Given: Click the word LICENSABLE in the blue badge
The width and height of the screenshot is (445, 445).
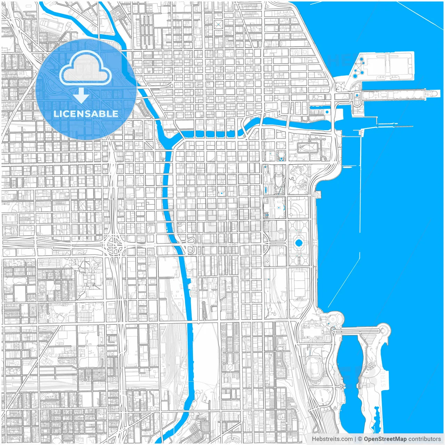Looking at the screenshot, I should (86, 114).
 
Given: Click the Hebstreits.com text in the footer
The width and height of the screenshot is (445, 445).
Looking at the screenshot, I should (332, 439).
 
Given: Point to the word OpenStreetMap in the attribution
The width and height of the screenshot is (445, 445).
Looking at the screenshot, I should (385, 439).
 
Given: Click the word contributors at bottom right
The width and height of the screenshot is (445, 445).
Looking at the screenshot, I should (424, 439).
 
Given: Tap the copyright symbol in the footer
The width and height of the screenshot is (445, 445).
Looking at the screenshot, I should (360, 439).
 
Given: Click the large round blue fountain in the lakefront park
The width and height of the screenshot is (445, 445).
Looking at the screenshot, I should (299, 242).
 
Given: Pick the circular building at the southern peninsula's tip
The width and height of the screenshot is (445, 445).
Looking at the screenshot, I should (384, 329).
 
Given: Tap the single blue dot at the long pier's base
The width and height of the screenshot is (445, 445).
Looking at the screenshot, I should (357, 95).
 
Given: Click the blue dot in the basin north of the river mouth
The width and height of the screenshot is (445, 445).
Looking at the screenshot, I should (327, 112).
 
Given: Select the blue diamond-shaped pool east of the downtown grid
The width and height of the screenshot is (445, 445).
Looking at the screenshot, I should (281, 159).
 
